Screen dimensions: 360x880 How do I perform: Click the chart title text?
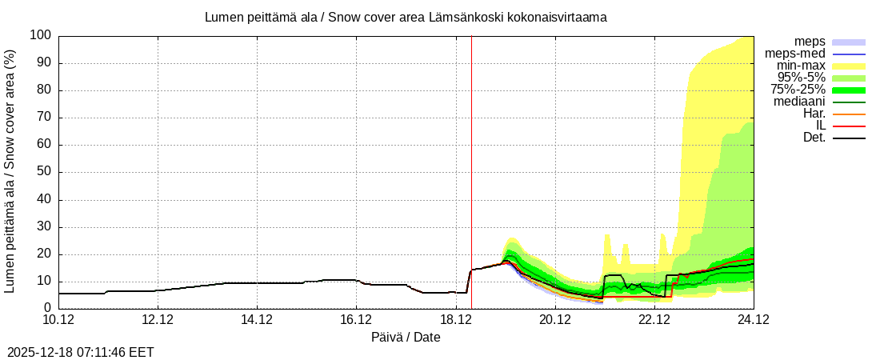pyautogui.click(x=406, y=17)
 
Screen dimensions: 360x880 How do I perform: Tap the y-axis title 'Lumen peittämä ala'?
pyautogui.click(x=10, y=170)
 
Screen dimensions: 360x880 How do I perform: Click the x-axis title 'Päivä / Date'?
pyautogui.click(x=406, y=338)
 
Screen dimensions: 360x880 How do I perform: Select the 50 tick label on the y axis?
pyautogui.click(x=43, y=172)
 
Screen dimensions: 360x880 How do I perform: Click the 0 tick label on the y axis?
pyautogui.click(x=47, y=308)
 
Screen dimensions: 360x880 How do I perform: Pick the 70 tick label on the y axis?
pyautogui.click(x=43, y=118)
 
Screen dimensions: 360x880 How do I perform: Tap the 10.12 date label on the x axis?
pyautogui.click(x=58, y=320)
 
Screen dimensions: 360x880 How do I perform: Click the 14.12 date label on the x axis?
pyautogui.click(x=257, y=320)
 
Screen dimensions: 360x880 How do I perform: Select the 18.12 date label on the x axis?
pyautogui.click(x=455, y=320)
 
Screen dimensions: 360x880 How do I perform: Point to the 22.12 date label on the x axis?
pyautogui.click(x=654, y=320)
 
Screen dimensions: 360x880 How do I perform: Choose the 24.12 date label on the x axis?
pyautogui.click(x=753, y=320)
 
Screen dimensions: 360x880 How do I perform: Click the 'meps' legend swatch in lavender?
pyautogui.click(x=849, y=42)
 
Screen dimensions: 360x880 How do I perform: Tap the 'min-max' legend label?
pyautogui.click(x=801, y=66)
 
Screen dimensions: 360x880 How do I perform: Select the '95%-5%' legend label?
pyautogui.click(x=802, y=78)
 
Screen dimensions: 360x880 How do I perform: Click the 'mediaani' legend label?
pyautogui.click(x=799, y=102)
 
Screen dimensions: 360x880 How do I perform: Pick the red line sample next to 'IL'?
pyautogui.click(x=849, y=126)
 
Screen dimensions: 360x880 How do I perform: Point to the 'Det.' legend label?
pyautogui.click(x=814, y=138)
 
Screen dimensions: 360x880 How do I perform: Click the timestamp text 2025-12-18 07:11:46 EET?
pyautogui.click(x=81, y=352)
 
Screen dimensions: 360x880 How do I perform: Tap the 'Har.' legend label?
pyautogui.click(x=814, y=114)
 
